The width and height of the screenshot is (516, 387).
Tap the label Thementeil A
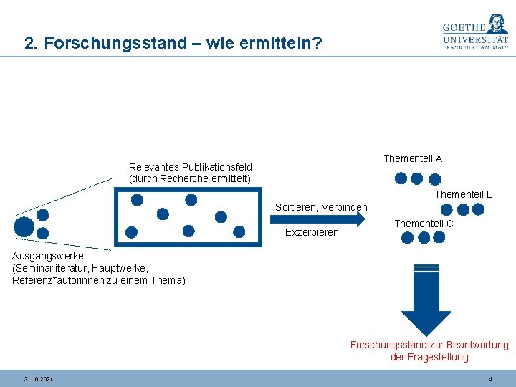click(413, 158)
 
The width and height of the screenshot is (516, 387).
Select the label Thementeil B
click(464, 194)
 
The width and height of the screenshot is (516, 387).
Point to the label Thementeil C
click(424, 224)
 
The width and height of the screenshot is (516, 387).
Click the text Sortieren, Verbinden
click(321, 208)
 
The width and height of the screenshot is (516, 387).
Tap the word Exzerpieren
click(312, 232)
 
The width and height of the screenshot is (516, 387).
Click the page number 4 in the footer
click(489, 378)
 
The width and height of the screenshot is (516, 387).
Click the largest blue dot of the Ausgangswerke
click(24, 226)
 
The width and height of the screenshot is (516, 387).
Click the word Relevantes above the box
click(153, 167)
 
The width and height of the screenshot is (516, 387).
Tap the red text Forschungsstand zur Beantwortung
click(429, 345)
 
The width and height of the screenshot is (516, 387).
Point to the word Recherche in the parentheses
click(185, 178)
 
